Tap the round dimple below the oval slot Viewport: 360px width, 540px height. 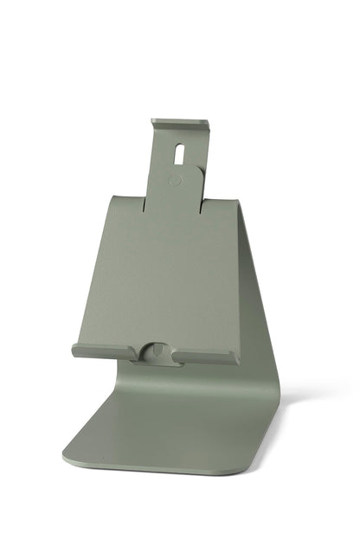point(177,181)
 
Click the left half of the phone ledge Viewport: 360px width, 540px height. point(104,350)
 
